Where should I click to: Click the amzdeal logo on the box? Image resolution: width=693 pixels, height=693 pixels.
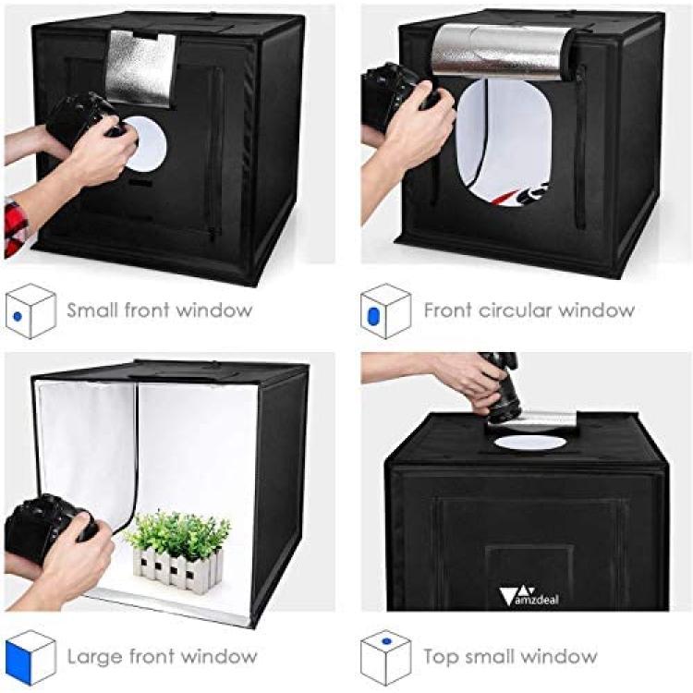529,596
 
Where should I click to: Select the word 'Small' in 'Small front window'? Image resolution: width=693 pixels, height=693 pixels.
91,310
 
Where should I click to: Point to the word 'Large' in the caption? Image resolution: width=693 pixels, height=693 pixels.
92,657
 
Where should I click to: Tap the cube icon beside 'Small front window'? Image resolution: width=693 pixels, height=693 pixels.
30,311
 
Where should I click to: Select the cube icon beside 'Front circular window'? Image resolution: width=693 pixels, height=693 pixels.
385,311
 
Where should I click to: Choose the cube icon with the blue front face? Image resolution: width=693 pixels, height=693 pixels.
30,658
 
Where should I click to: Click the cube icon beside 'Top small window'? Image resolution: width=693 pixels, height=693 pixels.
385,658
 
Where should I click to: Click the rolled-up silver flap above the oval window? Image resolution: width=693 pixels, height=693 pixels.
503,52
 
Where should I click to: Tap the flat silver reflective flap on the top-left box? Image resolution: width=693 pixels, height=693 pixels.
140,67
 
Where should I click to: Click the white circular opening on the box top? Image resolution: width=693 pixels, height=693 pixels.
528,443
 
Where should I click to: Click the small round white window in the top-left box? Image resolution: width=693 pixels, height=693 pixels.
145,144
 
